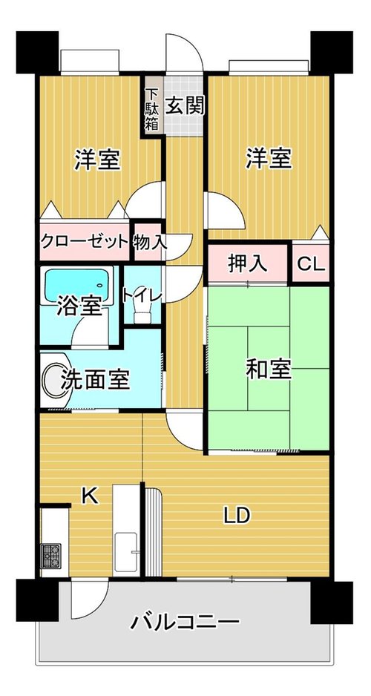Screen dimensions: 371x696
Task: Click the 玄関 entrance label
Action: [185, 106]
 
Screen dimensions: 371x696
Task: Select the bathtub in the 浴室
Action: [76, 286]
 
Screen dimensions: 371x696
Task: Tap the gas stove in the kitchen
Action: [50, 556]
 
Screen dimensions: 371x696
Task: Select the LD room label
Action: [237, 516]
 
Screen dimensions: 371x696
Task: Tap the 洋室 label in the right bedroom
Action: [269, 159]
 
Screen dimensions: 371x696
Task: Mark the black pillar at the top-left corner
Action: [37, 52]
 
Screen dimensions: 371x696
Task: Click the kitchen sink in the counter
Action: [126, 552]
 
